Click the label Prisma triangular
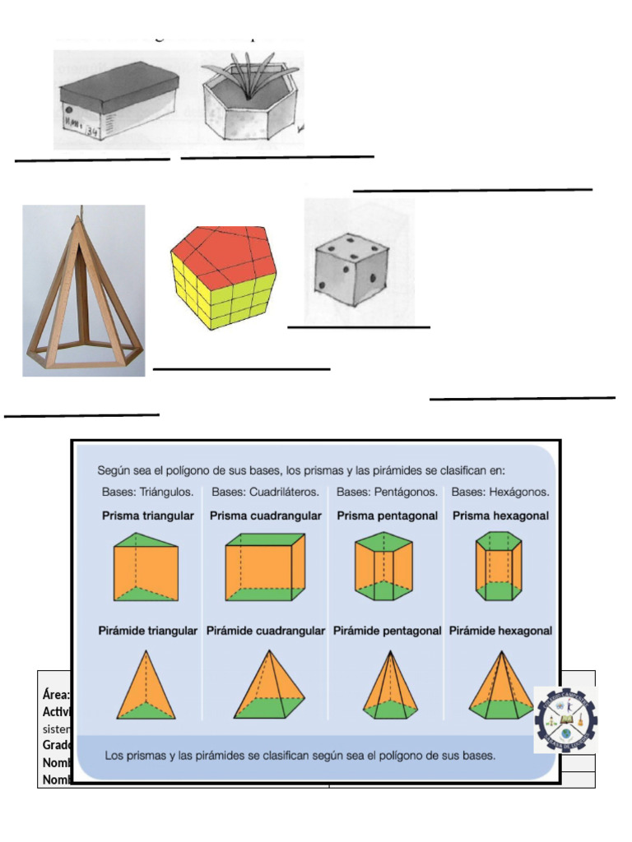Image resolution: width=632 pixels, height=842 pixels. tap(148, 516)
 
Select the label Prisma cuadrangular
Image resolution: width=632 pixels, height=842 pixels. tap(266, 516)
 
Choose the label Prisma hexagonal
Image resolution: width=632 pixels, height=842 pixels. tap(501, 516)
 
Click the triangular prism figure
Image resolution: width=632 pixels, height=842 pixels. tap(146, 567)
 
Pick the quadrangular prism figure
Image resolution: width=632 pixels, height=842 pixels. tap(265, 567)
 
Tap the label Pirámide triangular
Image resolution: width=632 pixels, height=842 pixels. tap(149, 631)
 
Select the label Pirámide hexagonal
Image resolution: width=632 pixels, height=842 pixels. tap(500, 631)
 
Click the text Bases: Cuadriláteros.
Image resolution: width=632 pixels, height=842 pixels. tap(266, 493)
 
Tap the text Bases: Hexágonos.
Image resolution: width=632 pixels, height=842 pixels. tap(501, 493)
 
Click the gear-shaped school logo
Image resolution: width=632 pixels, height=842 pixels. tap(565, 720)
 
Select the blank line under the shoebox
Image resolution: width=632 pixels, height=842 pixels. tap(92, 160)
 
